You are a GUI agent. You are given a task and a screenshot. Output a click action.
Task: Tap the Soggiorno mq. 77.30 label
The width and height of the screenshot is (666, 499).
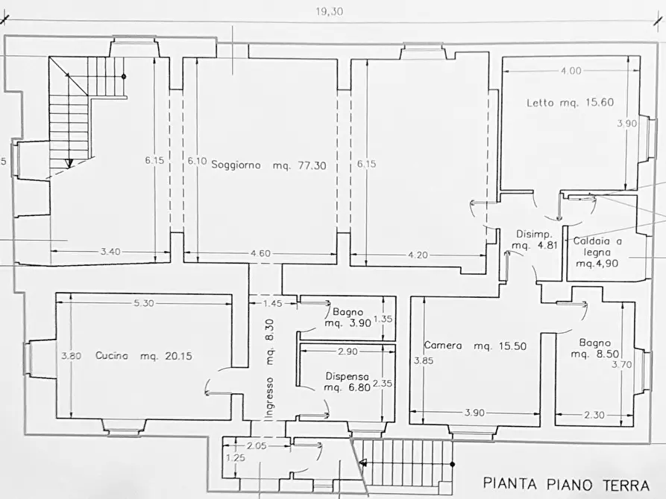(269, 165)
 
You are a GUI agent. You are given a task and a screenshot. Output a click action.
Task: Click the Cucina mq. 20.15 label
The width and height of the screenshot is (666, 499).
(144, 356)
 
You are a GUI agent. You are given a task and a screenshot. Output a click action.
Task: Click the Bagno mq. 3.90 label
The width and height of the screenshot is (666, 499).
(347, 318)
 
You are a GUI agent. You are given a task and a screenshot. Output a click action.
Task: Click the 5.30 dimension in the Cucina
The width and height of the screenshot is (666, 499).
(144, 303)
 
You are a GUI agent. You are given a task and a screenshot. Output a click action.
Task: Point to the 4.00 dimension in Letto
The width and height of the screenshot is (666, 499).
(571, 71)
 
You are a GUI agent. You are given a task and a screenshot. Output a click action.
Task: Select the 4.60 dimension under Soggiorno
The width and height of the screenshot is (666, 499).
(260, 254)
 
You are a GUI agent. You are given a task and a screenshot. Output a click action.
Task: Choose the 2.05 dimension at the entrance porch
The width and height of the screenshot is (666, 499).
(257, 445)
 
